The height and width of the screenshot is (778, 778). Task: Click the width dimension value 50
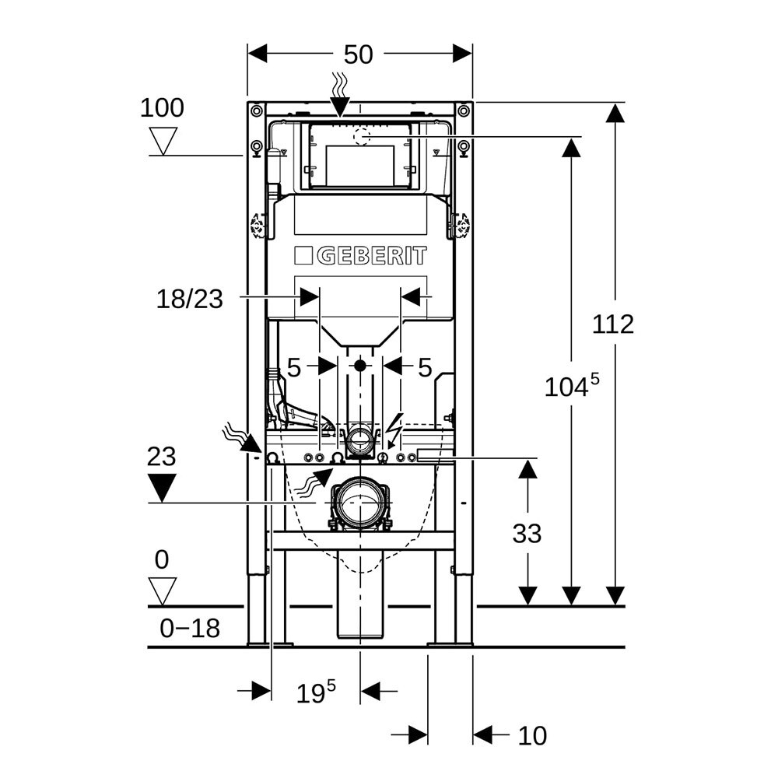(359, 54)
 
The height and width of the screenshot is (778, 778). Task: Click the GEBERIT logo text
(360, 256)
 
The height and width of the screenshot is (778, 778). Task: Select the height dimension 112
(613, 324)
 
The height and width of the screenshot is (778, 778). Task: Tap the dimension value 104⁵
(573, 385)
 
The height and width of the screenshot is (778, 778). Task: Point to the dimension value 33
(527, 534)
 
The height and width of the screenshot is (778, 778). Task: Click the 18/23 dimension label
(190, 298)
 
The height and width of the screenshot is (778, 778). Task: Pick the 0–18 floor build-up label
(190, 628)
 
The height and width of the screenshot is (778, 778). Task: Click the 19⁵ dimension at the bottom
(314, 692)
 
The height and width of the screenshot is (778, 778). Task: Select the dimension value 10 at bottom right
(532, 735)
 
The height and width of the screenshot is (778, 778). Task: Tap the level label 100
(162, 107)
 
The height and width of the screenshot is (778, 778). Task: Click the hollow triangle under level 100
(163, 141)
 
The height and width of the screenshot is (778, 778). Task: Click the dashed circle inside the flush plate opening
(363, 137)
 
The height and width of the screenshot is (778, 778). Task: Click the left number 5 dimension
(293, 367)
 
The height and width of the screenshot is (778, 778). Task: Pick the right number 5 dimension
(424, 367)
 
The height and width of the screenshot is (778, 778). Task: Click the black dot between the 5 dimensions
(359, 364)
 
